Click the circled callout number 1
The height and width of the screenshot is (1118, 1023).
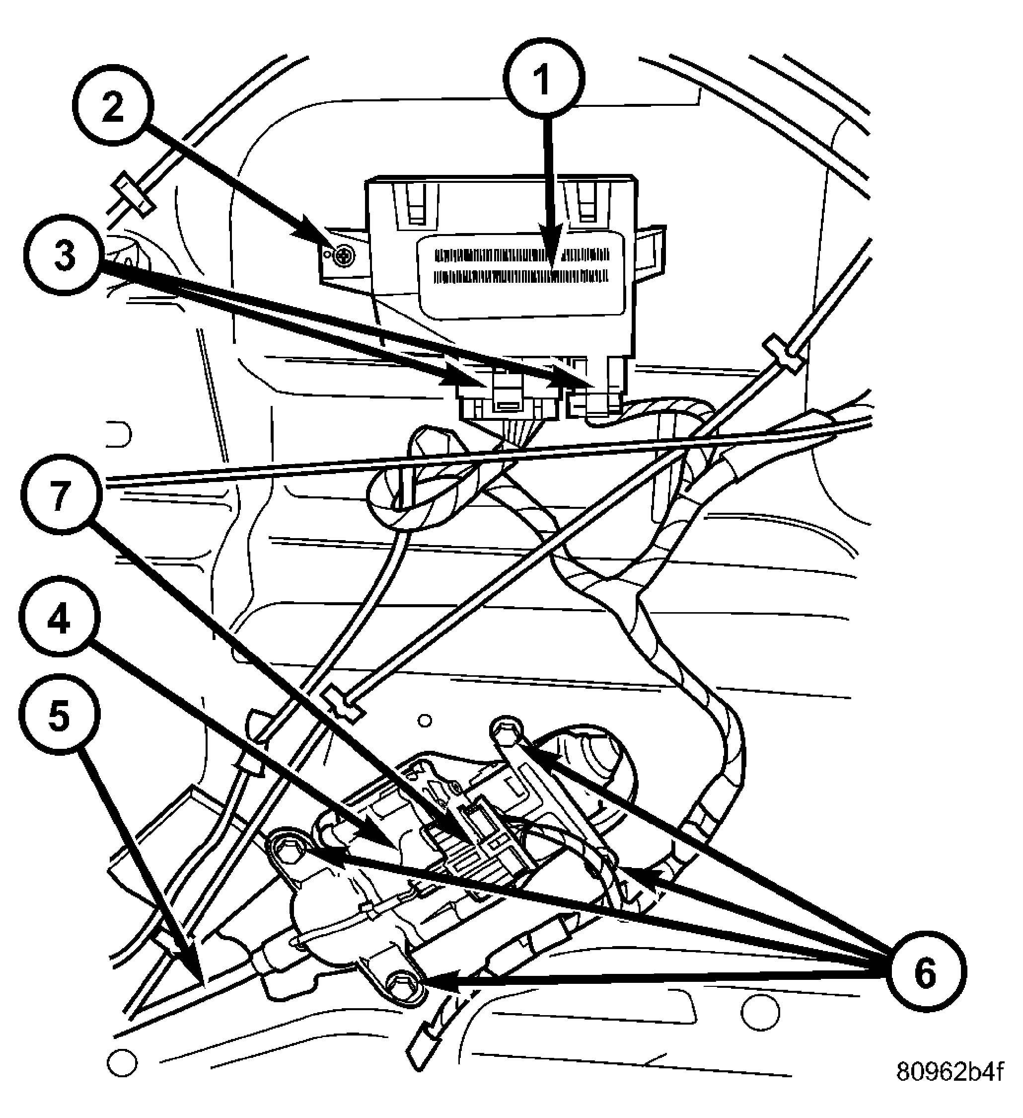pyautogui.click(x=544, y=79)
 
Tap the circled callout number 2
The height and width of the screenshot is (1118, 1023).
pyautogui.click(x=113, y=106)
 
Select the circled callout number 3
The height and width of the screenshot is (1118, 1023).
pyautogui.click(x=64, y=256)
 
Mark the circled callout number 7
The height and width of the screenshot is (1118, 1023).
pyautogui.click(x=61, y=494)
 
